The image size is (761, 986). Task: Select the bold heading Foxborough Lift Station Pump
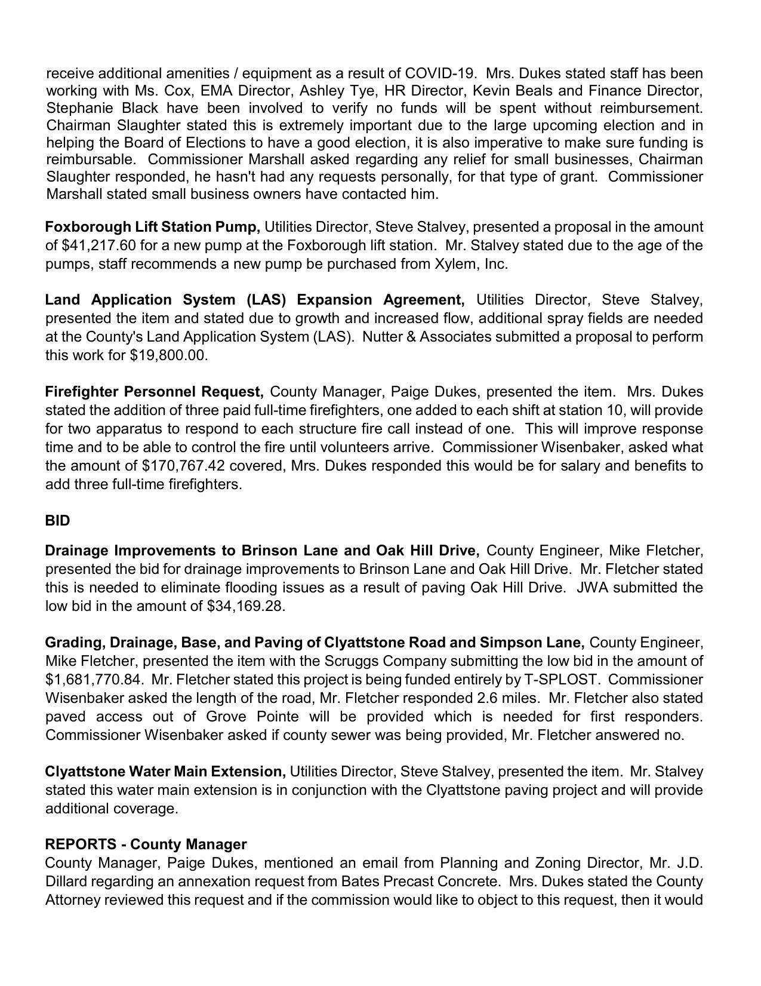tap(152, 227)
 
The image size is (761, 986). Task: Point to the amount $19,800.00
tap(168, 355)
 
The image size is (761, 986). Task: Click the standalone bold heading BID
tap(57, 521)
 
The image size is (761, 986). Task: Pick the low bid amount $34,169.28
tap(246, 606)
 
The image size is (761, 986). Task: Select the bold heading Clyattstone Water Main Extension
tap(165, 772)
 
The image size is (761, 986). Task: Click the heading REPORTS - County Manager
tap(146, 844)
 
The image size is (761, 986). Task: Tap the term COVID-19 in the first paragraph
tap(440, 73)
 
